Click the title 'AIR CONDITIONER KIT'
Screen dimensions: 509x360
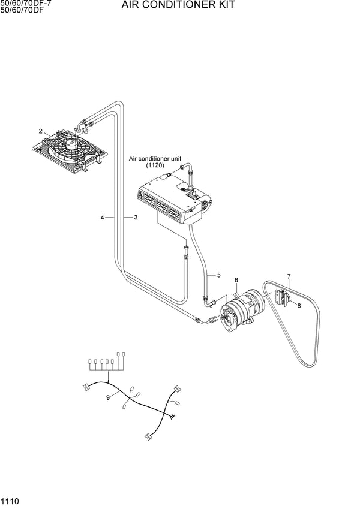click(178, 5)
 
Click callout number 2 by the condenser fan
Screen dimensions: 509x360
click(41, 131)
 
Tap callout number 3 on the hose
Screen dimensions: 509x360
click(136, 217)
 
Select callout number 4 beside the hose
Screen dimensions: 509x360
click(103, 217)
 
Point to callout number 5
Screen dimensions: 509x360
click(219, 275)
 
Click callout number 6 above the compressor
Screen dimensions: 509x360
click(236, 280)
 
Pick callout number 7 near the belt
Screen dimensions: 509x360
click(289, 276)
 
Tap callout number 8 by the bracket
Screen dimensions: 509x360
click(298, 306)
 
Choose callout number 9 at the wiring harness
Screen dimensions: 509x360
click(108, 397)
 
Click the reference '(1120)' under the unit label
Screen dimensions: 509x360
click(155, 165)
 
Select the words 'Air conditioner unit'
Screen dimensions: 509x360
click(155, 159)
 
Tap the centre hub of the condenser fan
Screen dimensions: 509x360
click(71, 143)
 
